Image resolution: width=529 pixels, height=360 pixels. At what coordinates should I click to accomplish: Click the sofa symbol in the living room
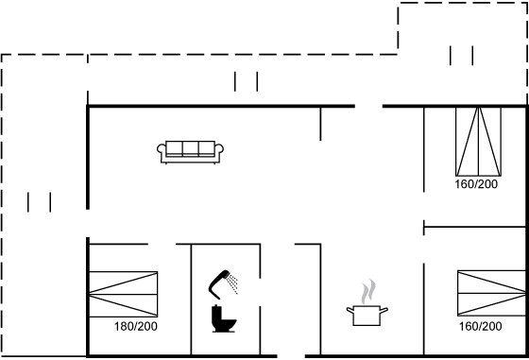190,152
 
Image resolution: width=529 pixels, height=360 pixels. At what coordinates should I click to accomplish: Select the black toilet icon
223,318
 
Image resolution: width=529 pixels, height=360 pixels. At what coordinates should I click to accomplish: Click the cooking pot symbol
367,316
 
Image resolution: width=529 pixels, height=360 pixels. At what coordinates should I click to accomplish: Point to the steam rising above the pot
367,292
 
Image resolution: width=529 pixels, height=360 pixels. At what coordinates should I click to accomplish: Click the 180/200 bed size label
136,326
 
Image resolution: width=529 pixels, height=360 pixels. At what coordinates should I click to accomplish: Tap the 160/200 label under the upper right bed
476,184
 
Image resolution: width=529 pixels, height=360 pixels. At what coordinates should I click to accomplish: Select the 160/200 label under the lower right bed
480,326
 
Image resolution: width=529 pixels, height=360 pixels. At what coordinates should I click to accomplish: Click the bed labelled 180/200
123,294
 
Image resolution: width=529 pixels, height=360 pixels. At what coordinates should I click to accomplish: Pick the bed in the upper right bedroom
478,142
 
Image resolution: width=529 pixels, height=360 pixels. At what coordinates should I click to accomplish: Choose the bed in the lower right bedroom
491,293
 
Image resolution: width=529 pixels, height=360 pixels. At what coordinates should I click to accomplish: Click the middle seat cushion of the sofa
190,148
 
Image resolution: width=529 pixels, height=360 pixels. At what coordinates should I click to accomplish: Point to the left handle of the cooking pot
350,310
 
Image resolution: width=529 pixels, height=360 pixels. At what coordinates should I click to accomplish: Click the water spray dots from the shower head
232,283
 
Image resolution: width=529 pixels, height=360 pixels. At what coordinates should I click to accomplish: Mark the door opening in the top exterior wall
368,106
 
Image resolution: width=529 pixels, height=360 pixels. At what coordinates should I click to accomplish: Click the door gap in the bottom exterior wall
291,356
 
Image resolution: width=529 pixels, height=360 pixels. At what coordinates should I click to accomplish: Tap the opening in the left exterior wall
88,223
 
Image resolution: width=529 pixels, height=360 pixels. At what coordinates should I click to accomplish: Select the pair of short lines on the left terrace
39,202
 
